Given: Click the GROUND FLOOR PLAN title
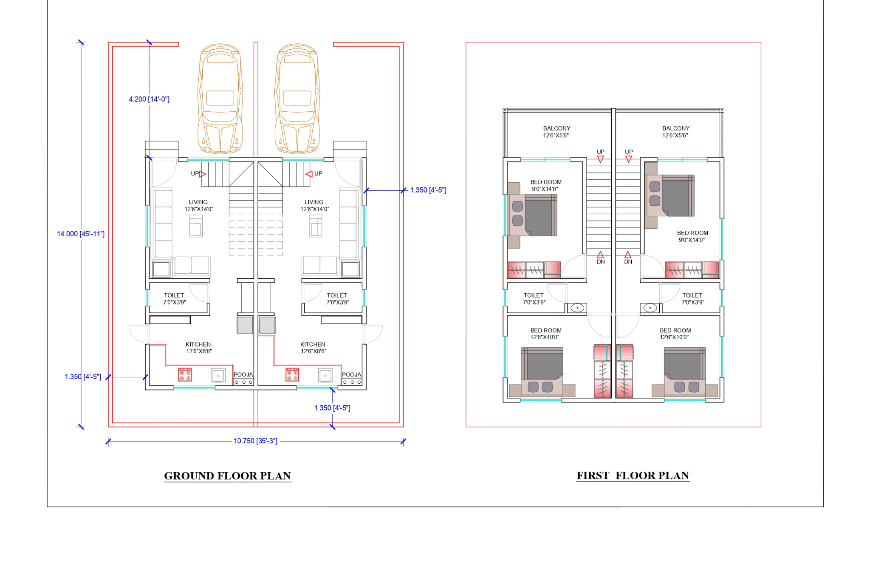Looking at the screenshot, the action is [227, 476].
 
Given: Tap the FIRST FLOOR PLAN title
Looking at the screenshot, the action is [633, 475].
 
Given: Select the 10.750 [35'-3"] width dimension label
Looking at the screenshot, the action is [255, 441].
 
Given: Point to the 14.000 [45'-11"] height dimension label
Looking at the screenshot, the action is [81, 234].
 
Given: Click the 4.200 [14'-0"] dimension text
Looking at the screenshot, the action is [149, 99].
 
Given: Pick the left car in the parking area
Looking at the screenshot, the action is [220, 98].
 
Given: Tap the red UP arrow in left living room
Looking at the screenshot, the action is [203, 174].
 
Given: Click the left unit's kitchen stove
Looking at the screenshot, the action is [185, 375].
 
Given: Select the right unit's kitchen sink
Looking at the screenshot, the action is [325, 375].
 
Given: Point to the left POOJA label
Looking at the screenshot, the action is [243, 374].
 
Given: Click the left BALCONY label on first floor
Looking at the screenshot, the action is [556, 128].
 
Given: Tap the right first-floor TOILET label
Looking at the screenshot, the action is [692, 295].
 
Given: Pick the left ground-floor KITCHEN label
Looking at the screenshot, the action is [198, 344].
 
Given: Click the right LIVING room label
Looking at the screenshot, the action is [314, 202].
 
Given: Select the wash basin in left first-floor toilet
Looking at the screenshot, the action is [577, 308].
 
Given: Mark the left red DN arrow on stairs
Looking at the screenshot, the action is [601, 255].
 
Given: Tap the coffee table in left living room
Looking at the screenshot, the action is [196, 226].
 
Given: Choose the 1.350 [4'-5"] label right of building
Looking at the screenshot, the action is [428, 190].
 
